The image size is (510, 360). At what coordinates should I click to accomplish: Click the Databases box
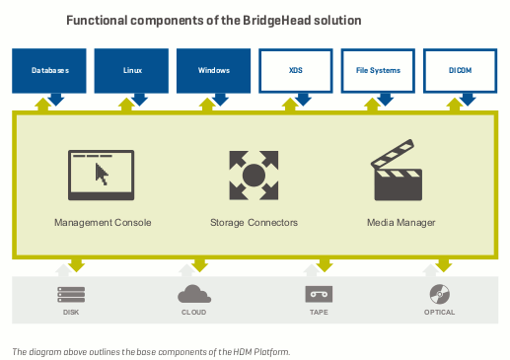pyautogui.click(x=49, y=71)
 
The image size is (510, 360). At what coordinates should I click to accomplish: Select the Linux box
pyautogui.click(x=132, y=71)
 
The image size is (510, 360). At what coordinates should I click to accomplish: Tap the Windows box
pyautogui.click(x=214, y=71)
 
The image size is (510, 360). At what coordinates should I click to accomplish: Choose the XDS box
pyautogui.click(x=296, y=71)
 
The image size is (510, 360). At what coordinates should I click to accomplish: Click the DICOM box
pyautogui.click(x=461, y=71)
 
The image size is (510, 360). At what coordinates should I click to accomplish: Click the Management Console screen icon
pyautogui.click(x=102, y=175)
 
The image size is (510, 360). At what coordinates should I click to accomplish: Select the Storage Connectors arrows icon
pyautogui.click(x=254, y=175)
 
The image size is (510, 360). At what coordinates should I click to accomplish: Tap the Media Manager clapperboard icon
pyautogui.click(x=399, y=176)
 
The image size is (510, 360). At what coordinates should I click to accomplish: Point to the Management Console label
pyautogui.click(x=103, y=223)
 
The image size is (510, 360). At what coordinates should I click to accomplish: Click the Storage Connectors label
pyautogui.click(x=254, y=223)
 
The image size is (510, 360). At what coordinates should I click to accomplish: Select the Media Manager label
pyautogui.click(x=401, y=223)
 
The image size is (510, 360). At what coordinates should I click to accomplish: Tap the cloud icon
pyautogui.click(x=194, y=294)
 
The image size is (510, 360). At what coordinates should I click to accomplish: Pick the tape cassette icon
pyautogui.click(x=318, y=294)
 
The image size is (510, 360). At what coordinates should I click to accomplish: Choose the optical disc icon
pyautogui.click(x=440, y=293)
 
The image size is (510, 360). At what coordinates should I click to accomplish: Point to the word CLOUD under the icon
pyautogui.click(x=194, y=314)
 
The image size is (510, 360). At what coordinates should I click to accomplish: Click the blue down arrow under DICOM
pyautogui.click(x=468, y=100)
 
